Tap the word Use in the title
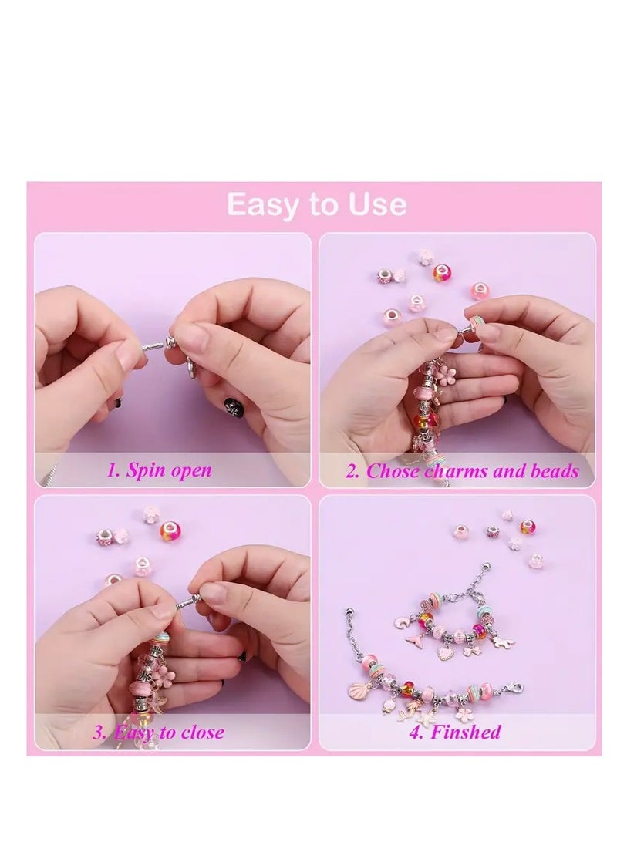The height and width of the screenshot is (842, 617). (x=376, y=204)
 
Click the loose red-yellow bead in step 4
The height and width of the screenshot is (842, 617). (x=528, y=527)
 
